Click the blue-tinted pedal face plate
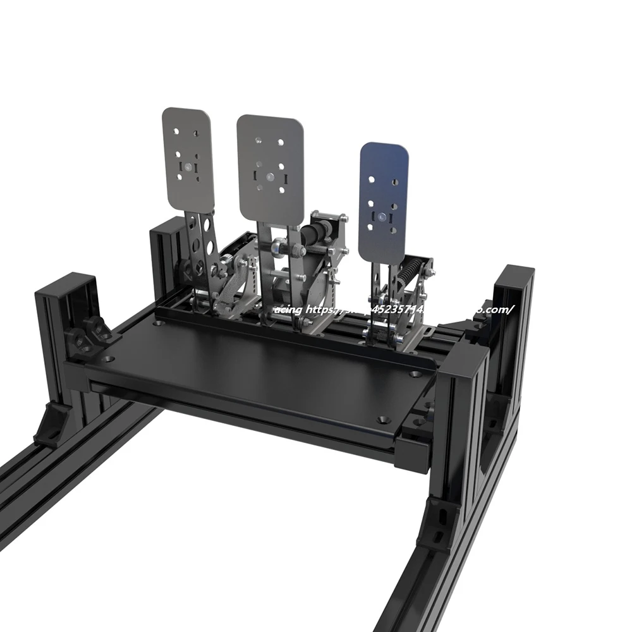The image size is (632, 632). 383,202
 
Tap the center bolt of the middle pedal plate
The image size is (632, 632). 270,178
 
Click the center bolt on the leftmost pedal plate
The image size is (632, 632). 187,167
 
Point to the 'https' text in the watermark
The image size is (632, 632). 322,310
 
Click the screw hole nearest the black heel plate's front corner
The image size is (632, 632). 384,419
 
